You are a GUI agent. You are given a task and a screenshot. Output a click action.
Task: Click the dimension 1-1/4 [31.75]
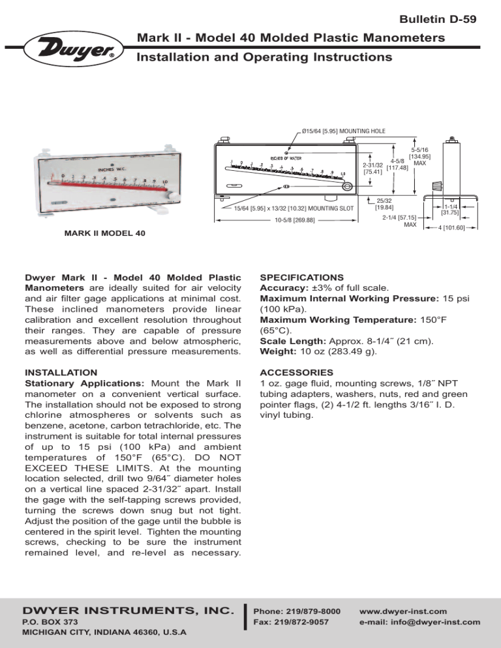point(450,209)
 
